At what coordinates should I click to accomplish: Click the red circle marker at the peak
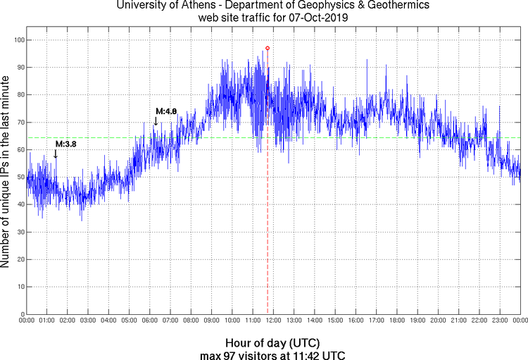click(x=268, y=48)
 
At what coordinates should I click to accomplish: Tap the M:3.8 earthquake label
click(x=65, y=144)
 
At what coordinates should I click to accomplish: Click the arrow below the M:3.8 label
click(x=56, y=154)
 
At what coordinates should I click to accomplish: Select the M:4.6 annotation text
click(x=166, y=111)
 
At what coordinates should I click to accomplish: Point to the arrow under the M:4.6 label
click(x=156, y=121)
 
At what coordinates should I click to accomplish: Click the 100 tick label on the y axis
click(x=17, y=40)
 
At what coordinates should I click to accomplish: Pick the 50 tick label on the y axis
click(x=18, y=177)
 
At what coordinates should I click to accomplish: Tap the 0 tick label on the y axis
click(x=20, y=314)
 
